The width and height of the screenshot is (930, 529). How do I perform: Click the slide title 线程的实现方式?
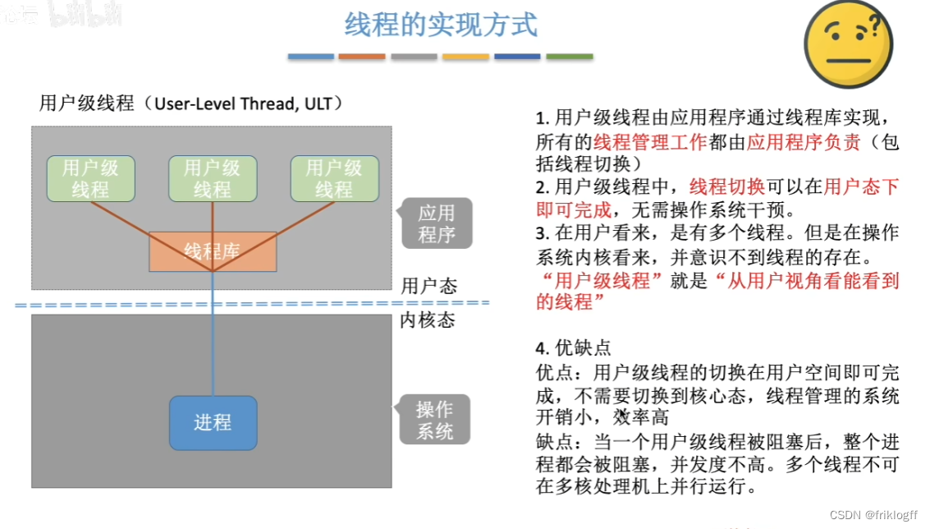(441, 25)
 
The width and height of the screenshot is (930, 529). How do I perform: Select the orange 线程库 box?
(212, 251)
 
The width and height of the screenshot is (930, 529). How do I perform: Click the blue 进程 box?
(213, 423)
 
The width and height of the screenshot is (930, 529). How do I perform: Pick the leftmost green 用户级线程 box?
(90, 178)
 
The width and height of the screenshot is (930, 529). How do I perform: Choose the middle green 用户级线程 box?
(213, 178)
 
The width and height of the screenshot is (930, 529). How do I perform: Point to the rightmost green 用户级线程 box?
(334, 178)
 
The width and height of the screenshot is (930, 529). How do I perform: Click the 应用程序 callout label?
(437, 223)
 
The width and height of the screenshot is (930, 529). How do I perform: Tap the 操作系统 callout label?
(434, 420)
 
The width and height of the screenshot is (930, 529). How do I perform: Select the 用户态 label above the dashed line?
(428, 286)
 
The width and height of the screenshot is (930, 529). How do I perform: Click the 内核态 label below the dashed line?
(427, 320)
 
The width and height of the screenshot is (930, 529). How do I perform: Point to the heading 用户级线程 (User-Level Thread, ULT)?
(190, 103)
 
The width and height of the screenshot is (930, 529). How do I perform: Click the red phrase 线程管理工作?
(649, 141)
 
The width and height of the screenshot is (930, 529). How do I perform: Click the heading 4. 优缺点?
(573, 347)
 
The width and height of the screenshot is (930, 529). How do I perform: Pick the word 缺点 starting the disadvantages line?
(555, 441)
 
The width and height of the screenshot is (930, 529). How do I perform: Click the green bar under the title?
(569, 57)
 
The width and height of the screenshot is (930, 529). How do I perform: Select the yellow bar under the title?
(465, 57)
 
